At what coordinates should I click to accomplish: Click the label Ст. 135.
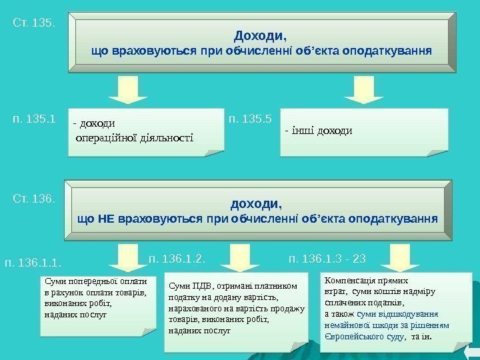click(x=33, y=23)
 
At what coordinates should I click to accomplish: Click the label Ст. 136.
click(x=33, y=199)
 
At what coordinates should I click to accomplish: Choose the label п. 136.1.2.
click(x=175, y=257)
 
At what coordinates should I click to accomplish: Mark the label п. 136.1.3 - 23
click(x=327, y=257)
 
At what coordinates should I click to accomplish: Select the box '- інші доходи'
click(x=364, y=132)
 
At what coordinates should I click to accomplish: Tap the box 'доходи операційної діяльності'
click(x=145, y=131)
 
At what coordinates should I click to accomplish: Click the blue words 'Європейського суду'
click(x=363, y=337)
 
